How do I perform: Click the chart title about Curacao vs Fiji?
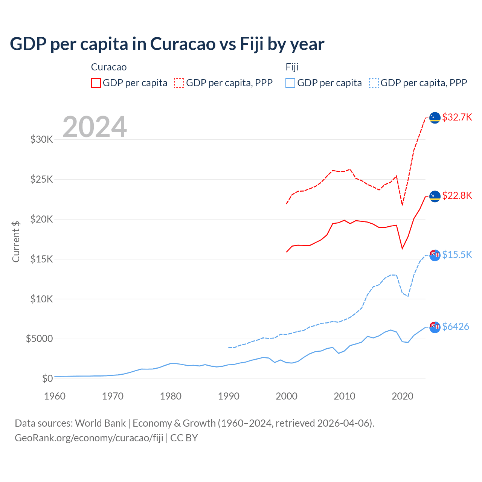coord(167,44)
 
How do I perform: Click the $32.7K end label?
coord(457,117)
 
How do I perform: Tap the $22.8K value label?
coord(457,195)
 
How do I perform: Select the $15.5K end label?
coord(457,255)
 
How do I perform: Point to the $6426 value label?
coord(455,326)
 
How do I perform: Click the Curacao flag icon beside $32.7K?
coord(435,118)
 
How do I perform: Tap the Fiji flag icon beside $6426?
coord(435,327)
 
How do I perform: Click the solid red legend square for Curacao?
coord(96,83)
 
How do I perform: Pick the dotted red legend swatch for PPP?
coord(179,83)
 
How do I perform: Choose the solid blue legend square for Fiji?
coord(290,83)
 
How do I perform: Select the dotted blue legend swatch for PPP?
coord(374,83)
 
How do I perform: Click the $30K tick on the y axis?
coord(42,140)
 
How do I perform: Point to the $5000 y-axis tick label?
coord(39,339)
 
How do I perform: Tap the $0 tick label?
coord(47,378)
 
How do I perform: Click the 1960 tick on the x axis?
coord(55,396)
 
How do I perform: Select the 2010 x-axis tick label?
coord(345,396)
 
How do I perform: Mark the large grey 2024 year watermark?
coord(95,127)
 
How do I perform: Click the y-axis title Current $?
coord(16,242)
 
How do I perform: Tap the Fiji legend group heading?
coord(292,67)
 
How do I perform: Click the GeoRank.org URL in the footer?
coord(89,438)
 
